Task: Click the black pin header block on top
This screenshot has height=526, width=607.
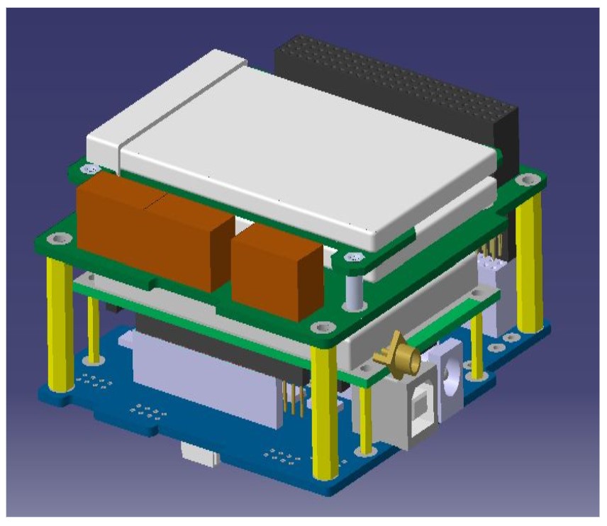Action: [397, 85]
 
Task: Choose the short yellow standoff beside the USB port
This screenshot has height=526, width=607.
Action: [366, 421]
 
